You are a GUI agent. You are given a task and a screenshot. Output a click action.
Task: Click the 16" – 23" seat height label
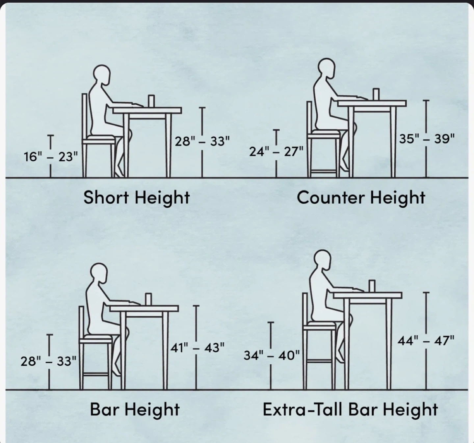coord(51,157)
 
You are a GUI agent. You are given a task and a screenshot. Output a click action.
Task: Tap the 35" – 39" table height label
coord(427,139)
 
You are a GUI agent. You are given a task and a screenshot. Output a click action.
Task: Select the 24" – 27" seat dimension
coord(276,151)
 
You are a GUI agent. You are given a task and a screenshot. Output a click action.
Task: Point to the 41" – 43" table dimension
coord(197,348)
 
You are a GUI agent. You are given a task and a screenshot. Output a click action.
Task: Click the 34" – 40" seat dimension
coord(272,355)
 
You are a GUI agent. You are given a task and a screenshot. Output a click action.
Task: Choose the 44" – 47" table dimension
coord(426,340)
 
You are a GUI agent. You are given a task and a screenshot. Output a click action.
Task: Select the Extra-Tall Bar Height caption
coord(350,409)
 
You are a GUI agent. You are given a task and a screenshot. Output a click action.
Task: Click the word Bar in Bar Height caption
coord(105,409)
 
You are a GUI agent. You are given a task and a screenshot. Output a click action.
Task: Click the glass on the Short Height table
coord(151,101)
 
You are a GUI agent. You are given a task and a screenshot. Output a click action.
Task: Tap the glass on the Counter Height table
coord(376,94)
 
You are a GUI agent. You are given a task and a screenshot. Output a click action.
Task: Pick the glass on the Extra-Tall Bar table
coord(372,286)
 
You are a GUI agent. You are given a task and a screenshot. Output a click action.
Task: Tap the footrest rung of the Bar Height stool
coord(95,374)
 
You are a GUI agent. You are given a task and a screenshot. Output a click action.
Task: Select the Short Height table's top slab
coord(147,111)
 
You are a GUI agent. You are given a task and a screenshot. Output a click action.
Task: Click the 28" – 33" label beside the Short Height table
coord(202,141)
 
